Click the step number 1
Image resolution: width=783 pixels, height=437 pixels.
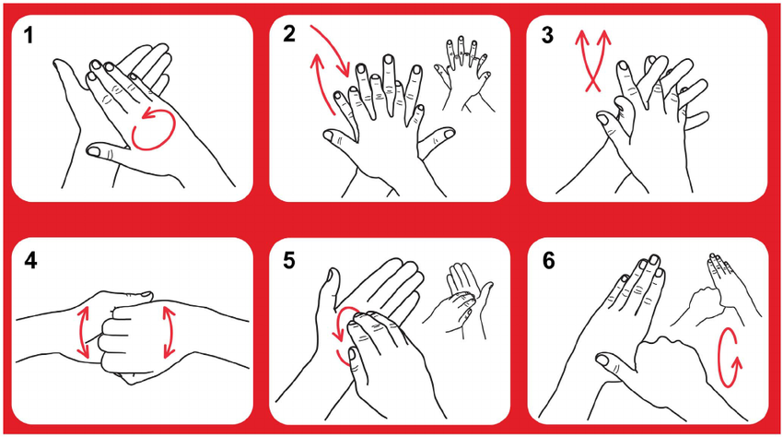(29, 36)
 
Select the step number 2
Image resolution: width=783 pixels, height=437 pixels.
(289, 34)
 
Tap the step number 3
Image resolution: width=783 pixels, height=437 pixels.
(547, 36)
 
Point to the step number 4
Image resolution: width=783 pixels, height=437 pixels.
(30, 261)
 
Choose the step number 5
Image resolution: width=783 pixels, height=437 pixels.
(289, 261)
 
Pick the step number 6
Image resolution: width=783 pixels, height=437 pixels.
(548, 261)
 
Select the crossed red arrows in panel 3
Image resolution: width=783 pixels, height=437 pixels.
(592, 61)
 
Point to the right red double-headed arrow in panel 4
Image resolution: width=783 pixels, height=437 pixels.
(170, 333)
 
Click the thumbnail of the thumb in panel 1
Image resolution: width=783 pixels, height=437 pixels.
(96, 149)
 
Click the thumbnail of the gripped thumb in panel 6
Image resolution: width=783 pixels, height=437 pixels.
(603, 359)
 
